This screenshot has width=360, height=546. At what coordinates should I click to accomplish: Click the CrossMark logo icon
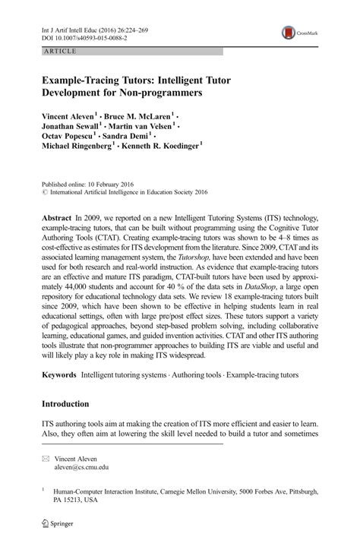[x=289, y=33]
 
